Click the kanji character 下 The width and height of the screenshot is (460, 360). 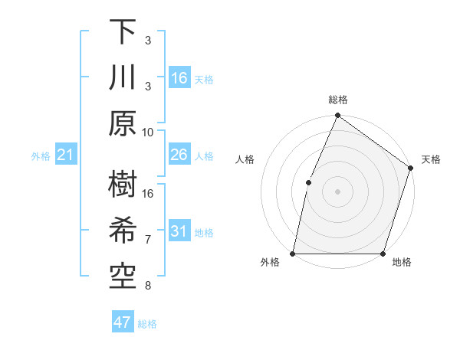(123, 33)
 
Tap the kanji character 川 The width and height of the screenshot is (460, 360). (123, 79)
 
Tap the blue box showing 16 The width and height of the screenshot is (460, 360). (179, 78)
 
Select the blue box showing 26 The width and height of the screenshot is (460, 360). (179, 155)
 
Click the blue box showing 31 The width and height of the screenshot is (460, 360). (179, 232)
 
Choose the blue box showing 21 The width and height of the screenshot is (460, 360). (66, 155)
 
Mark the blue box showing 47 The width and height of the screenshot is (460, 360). (123, 322)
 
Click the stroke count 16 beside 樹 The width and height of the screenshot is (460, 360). (148, 194)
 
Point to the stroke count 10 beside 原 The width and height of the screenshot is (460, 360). (148, 132)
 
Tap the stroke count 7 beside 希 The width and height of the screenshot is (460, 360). (148, 240)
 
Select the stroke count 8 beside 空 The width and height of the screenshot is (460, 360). (148, 286)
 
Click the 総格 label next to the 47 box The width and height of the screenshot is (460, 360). (147, 324)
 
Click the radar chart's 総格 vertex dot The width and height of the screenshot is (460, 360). (337, 116)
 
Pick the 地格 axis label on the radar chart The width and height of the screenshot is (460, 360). (402, 263)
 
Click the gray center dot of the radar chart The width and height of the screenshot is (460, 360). (337, 191)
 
